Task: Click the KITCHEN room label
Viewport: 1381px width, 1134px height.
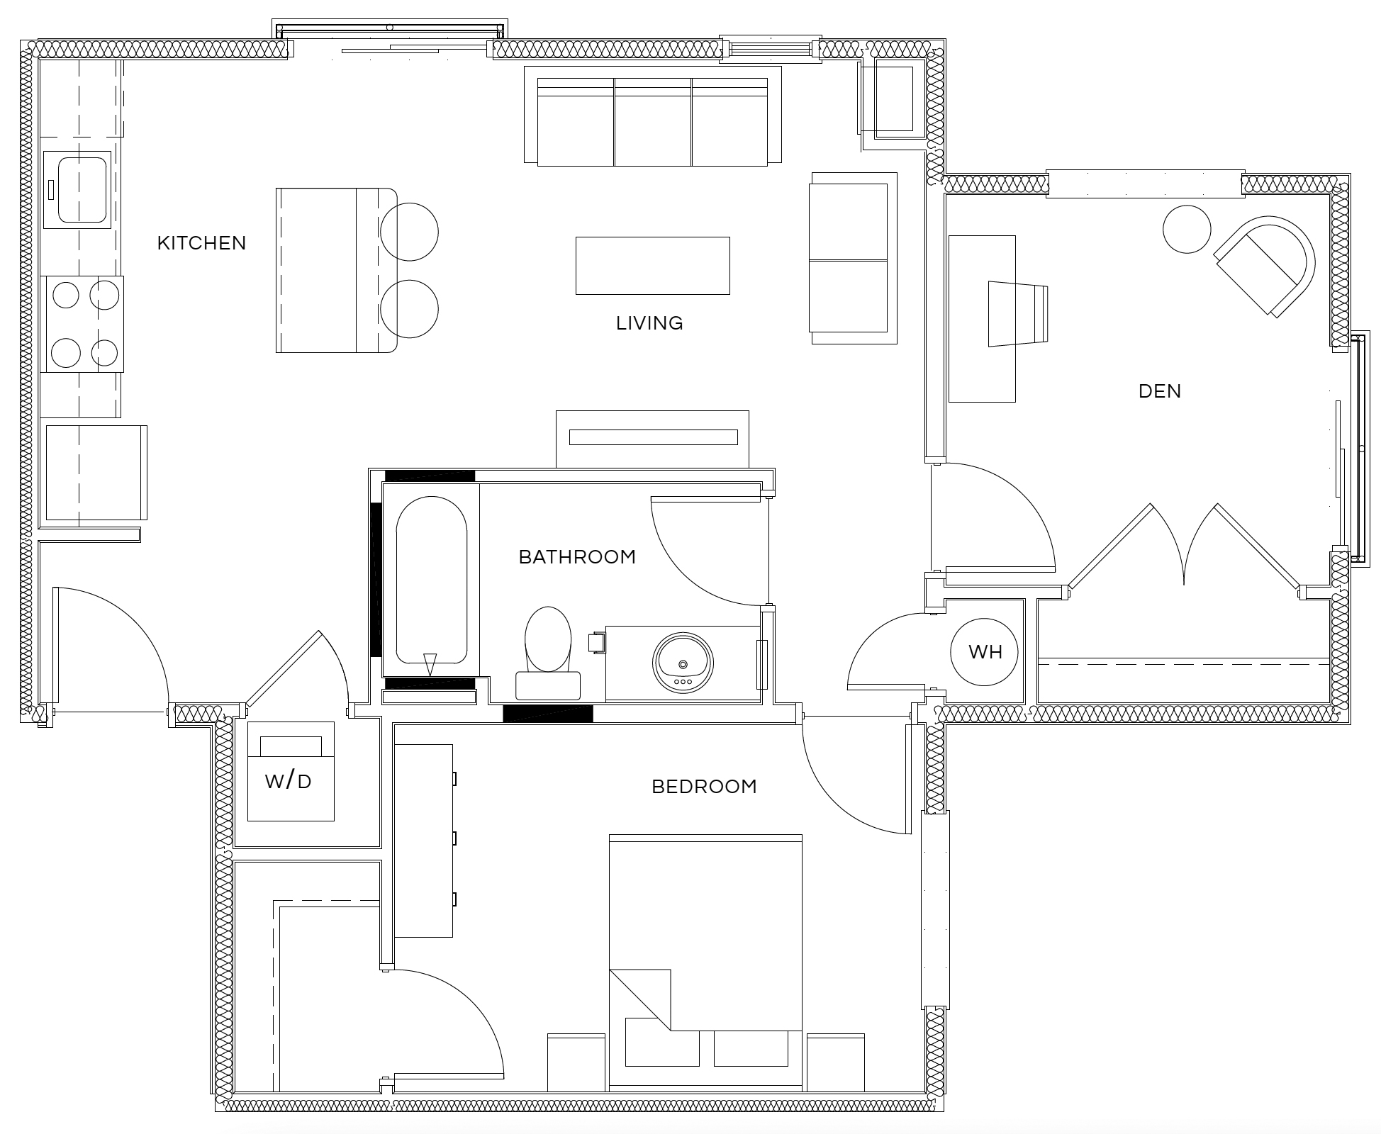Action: tap(201, 243)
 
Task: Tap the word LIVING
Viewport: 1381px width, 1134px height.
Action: tap(649, 323)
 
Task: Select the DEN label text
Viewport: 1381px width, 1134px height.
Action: tap(1160, 391)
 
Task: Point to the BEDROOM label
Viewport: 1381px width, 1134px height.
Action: tap(704, 787)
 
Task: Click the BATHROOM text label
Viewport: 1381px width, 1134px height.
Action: tap(577, 557)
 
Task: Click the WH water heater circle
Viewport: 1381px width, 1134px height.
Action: tap(984, 651)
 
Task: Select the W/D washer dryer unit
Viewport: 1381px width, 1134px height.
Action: tap(291, 771)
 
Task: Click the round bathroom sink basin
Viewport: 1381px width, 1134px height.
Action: tap(683, 663)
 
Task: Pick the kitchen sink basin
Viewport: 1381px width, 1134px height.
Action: tap(82, 189)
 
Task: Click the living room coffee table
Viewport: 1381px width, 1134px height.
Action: tap(652, 266)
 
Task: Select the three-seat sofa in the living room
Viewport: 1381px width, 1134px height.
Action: tap(653, 116)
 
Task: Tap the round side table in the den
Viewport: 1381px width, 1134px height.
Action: tap(1187, 229)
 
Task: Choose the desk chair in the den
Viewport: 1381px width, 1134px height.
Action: tap(1018, 314)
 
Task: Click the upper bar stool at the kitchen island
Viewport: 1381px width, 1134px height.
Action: tap(409, 232)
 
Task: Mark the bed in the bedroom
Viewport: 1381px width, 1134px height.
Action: tap(705, 962)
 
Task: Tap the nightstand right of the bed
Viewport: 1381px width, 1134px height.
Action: tap(835, 1062)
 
